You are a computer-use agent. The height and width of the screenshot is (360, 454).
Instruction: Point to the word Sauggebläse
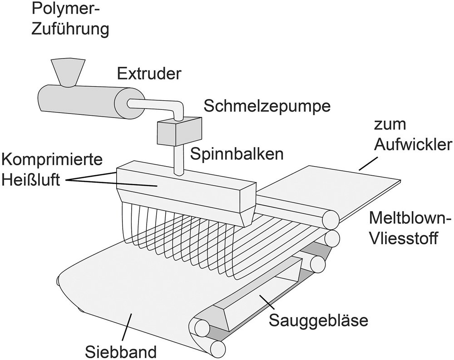(317, 320)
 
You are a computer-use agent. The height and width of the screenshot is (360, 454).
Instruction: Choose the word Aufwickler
(412, 145)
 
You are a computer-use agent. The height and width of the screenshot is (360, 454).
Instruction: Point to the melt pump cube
(178, 130)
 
